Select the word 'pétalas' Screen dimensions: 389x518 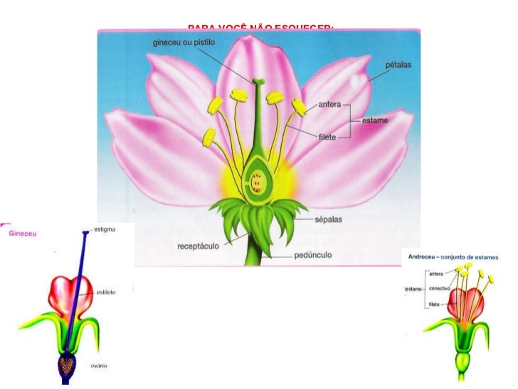[x=398, y=65]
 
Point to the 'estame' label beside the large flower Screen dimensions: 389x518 [x=375, y=120]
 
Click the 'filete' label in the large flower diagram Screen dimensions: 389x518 [x=327, y=137]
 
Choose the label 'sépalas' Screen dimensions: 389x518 [x=328, y=219]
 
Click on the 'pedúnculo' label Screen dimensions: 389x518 [x=314, y=254]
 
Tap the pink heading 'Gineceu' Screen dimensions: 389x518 [x=23, y=233]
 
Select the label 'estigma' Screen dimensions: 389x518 [x=105, y=229]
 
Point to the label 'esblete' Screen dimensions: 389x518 [x=105, y=293]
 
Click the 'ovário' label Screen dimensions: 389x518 [x=99, y=365]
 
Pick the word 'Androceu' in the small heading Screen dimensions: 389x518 [x=421, y=256]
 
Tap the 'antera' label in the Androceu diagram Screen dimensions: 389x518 [x=436, y=273]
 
